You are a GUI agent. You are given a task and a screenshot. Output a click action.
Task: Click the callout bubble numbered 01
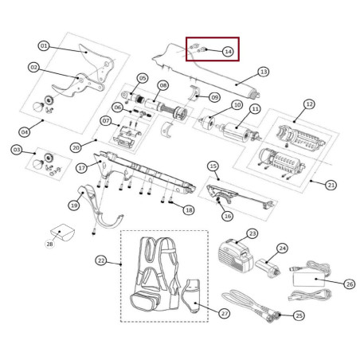click(44, 46)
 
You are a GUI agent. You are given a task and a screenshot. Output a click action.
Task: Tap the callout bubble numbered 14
click(228, 52)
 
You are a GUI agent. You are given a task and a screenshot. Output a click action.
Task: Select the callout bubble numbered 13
click(264, 72)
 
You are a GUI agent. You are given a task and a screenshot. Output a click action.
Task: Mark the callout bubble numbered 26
click(349, 283)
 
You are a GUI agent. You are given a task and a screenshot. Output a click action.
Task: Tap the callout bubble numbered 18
click(188, 210)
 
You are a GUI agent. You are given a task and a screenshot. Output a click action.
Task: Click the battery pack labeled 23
click(236, 252)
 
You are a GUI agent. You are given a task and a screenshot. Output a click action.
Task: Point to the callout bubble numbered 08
click(162, 85)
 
